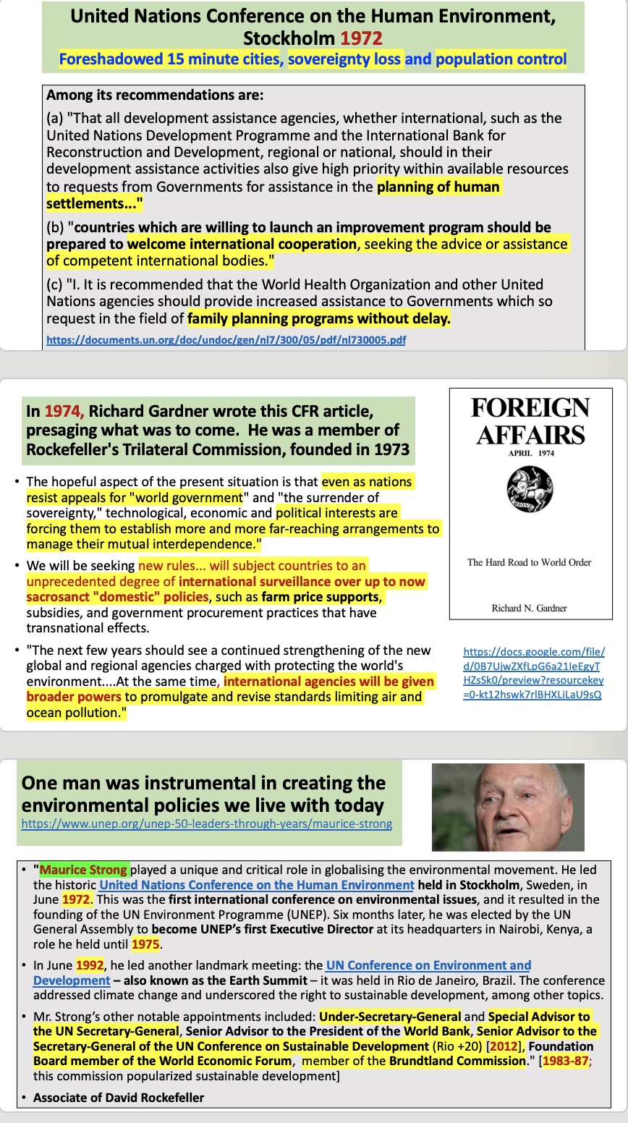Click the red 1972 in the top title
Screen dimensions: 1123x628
pos(362,38)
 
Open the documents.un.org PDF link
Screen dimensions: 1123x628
pos(226,339)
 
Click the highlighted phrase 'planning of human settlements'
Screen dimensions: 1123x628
pos(438,187)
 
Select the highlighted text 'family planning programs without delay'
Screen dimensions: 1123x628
pos(318,318)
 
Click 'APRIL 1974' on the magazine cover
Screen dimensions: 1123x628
pos(530,454)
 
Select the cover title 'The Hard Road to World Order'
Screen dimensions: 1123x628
pos(530,562)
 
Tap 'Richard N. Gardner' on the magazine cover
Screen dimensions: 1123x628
pos(530,608)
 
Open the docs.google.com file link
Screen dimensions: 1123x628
pos(533,673)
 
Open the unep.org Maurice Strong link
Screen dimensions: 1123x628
pos(207,823)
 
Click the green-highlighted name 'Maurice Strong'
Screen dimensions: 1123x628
pos(84,870)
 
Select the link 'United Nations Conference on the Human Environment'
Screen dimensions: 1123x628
pos(257,885)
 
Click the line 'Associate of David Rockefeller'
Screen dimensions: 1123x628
pos(119,1098)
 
